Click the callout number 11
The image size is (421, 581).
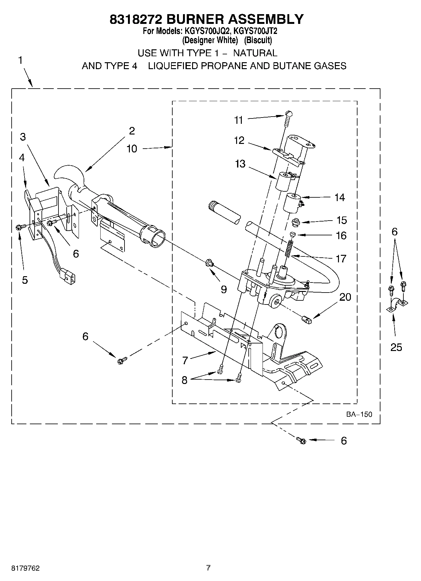tap(239, 120)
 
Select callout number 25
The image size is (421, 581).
tap(396, 347)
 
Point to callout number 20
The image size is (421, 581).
tap(345, 297)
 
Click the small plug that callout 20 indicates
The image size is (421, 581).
tap(306, 320)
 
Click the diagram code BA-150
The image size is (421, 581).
tap(359, 414)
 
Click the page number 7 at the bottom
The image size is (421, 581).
tap(208, 567)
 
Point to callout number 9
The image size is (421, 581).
tap(224, 289)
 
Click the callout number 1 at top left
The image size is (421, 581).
tap(20, 60)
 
